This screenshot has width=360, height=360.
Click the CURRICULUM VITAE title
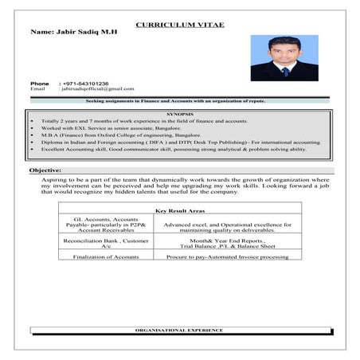point(179,25)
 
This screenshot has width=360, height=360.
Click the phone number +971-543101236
point(88,83)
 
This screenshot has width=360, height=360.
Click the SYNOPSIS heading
point(180,114)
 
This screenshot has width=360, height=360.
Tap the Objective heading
point(45,171)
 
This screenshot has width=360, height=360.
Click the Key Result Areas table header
point(180,210)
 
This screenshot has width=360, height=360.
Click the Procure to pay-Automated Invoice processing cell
point(227,257)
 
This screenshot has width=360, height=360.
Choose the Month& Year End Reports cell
point(227,244)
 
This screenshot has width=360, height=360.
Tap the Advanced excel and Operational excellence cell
point(227,227)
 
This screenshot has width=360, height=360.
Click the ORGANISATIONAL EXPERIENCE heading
point(179,330)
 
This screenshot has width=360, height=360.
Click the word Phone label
point(39,83)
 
